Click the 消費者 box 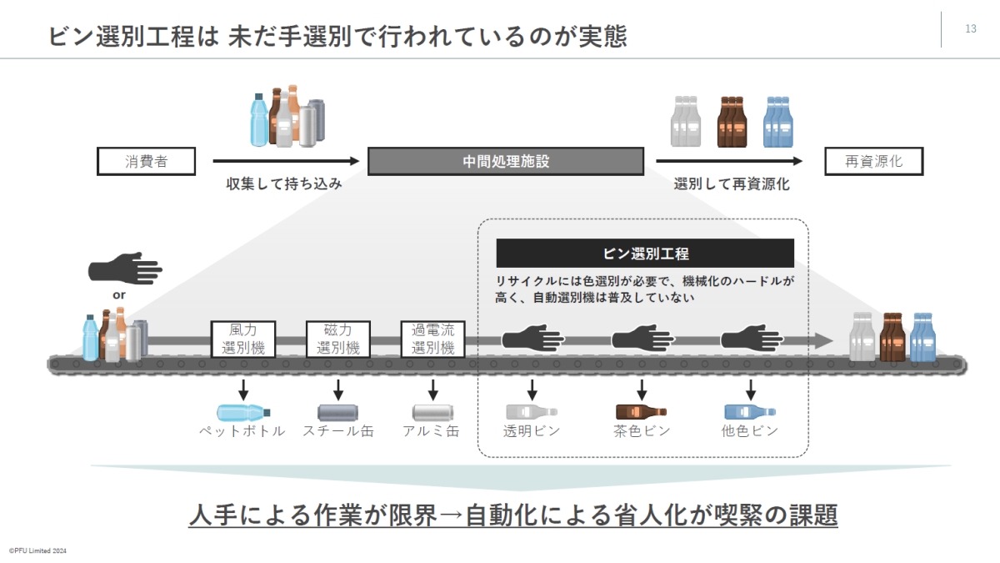click(x=146, y=162)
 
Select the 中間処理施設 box click(x=506, y=162)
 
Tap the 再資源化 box click(x=874, y=162)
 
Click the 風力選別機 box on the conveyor click(x=243, y=339)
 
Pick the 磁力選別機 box click(x=337, y=339)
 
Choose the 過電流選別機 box click(x=432, y=339)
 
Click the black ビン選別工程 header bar click(x=645, y=254)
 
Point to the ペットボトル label click(x=242, y=431)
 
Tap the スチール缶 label click(x=338, y=431)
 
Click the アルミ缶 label click(x=431, y=431)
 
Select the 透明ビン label click(x=532, y=431)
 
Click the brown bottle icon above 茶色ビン click(x=641, y=411)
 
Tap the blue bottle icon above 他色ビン click(x=750, y=411)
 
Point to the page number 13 click(x=971, y=29)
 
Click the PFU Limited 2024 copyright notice click(x=38, y=551)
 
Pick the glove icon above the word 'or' click(x=125, y=270)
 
